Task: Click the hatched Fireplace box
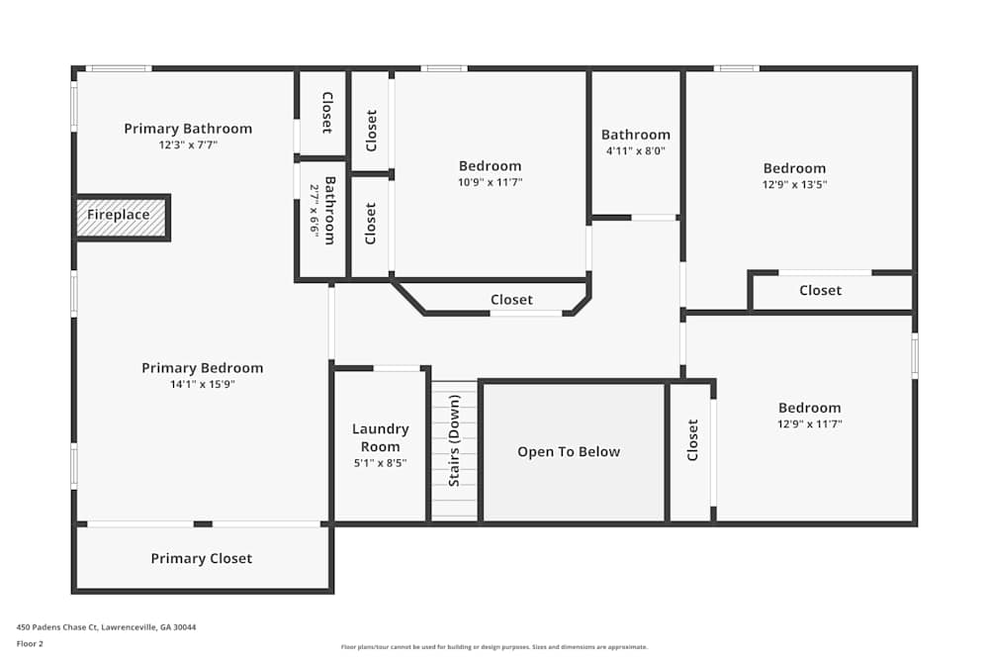click(121, 218)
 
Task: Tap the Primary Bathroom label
click(188, 129)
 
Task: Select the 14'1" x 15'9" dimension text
click(203, 384)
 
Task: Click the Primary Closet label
click(201, 558)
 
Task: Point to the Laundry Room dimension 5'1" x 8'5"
click(381, 463)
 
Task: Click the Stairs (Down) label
click(454, 440)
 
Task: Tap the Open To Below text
click(569, 452)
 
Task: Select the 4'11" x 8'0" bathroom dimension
click(636, 150)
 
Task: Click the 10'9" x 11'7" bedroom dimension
click(491, 182)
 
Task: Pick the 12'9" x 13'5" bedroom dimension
click(795, 185)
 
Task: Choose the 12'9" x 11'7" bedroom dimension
click(810, 424)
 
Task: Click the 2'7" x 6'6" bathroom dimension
click(315, 211)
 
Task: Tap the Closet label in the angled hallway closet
click(511, 300)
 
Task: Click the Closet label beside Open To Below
click(692, 440)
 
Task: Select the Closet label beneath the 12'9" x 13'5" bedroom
click(821, 290)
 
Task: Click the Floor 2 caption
click(30, 643)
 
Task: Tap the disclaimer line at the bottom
click(494, 647)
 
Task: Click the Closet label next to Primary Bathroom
click(327, 113)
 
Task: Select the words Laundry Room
click(381, 438)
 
